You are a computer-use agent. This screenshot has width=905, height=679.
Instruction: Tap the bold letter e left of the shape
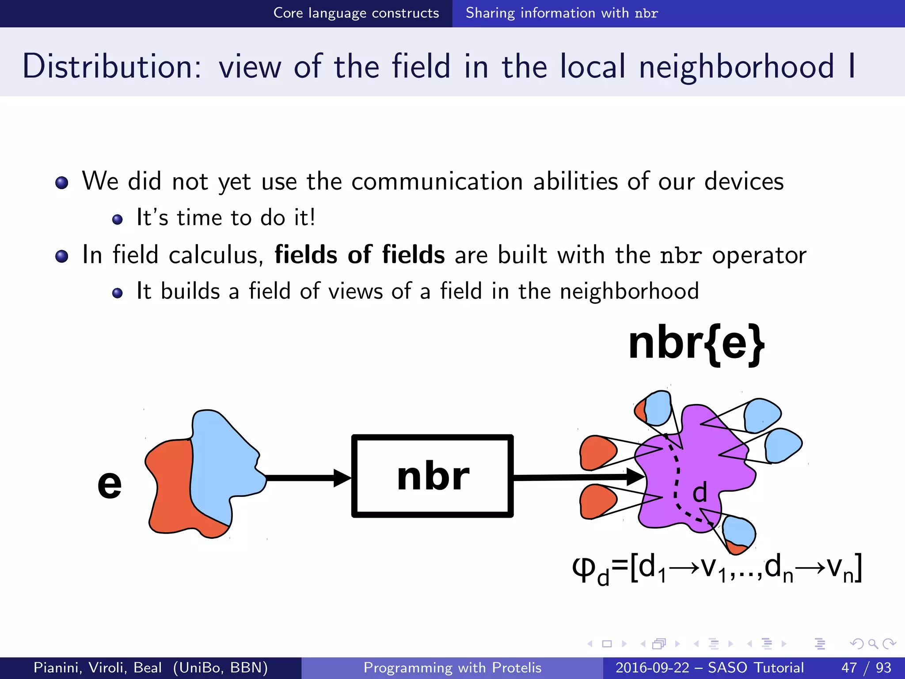[109, 484]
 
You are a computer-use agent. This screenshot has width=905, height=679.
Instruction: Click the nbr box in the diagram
[432, 476]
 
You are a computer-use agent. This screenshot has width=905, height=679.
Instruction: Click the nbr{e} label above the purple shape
[696, 343]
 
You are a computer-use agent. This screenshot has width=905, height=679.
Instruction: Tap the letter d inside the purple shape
[700, 492]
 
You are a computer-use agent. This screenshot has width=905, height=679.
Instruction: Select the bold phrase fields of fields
[359, 255]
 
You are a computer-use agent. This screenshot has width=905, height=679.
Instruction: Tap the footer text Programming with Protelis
[452, 668]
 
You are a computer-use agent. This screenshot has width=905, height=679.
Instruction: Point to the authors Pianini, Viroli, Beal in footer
[98, 668]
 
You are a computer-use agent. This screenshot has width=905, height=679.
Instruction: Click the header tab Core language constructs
[356, 13]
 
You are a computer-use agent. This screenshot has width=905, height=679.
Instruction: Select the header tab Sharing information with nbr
[561, 13]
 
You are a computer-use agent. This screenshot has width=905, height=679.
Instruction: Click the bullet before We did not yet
[62, 183]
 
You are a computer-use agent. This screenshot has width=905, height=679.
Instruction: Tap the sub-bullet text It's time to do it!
[226, 218]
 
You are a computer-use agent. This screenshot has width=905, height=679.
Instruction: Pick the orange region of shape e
[170, 486]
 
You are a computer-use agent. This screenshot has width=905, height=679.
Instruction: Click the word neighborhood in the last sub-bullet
[629, 291]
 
